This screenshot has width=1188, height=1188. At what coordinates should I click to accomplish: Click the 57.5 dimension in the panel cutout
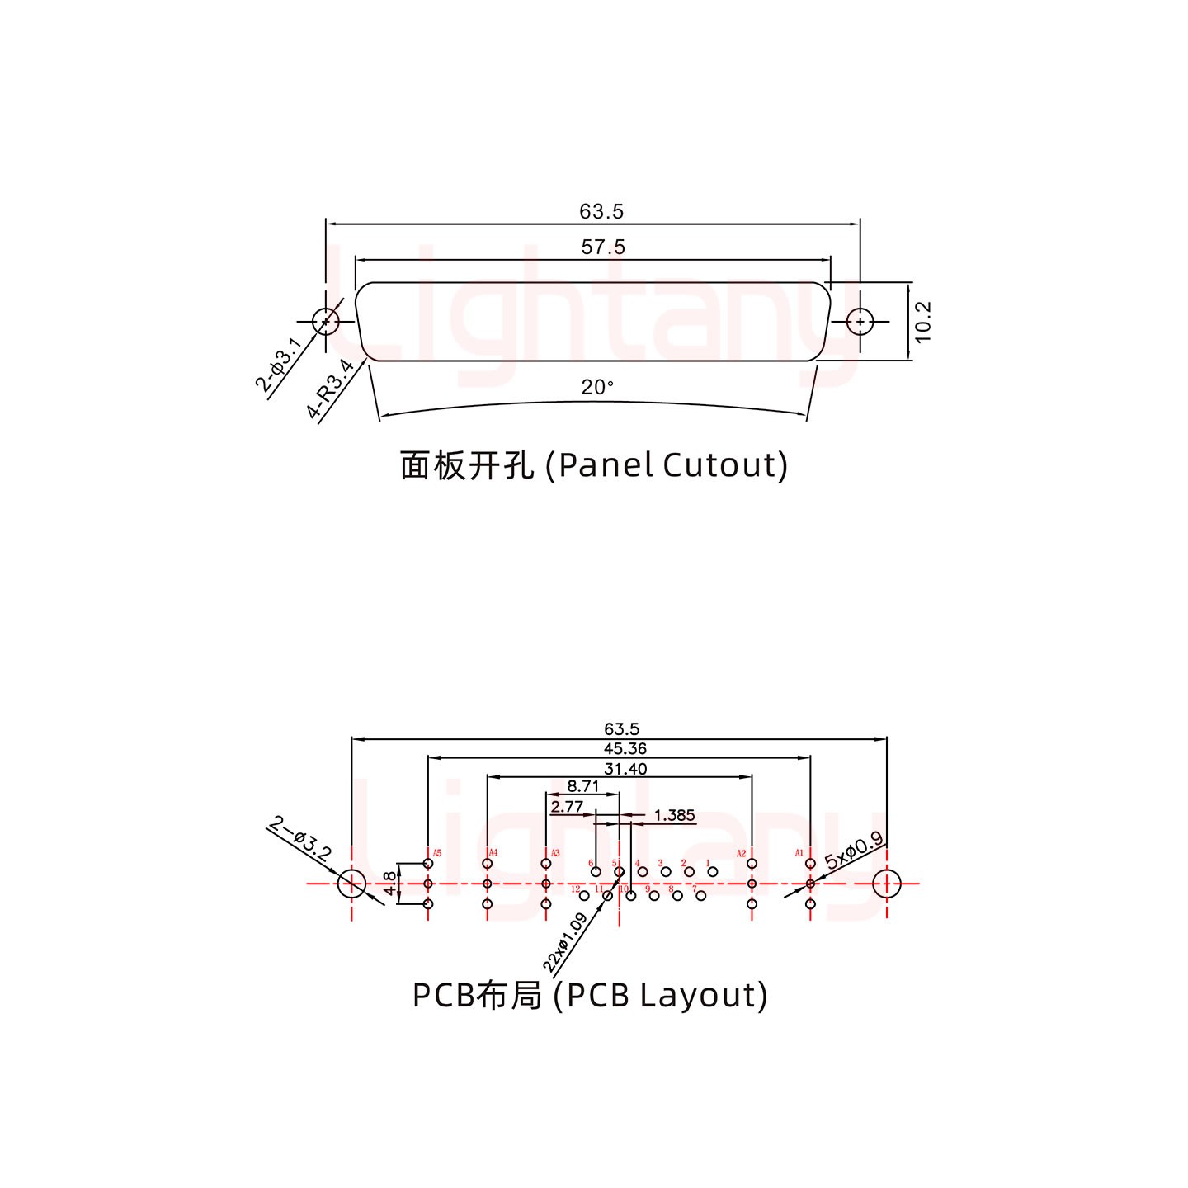click(603, 247)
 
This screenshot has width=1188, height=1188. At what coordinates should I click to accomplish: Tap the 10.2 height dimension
click(923, 321)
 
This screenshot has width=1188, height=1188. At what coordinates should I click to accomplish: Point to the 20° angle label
click(597, 387)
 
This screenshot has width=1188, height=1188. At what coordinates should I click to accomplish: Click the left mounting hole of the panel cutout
click(326, 321)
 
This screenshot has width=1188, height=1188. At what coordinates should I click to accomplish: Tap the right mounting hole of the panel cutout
click(860, 321)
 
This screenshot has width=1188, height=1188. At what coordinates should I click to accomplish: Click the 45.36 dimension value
click(625, 749)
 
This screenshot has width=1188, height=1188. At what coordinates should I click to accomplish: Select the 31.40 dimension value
click(625, 769)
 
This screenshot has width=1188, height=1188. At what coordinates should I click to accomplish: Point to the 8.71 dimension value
click(583, 786)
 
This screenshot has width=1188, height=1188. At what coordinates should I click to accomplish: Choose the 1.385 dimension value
click(674, 815)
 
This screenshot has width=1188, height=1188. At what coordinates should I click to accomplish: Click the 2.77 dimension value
click(567, 806)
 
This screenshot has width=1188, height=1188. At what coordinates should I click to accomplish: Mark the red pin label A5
click(437, 853)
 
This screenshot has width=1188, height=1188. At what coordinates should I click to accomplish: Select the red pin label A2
click(741, 853)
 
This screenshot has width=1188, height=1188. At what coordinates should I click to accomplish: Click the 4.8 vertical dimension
click(389, 884)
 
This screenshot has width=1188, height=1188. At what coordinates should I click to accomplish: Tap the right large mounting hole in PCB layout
click(887, 884)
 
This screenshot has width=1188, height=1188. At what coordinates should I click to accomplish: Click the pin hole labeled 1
click(713, 872)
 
